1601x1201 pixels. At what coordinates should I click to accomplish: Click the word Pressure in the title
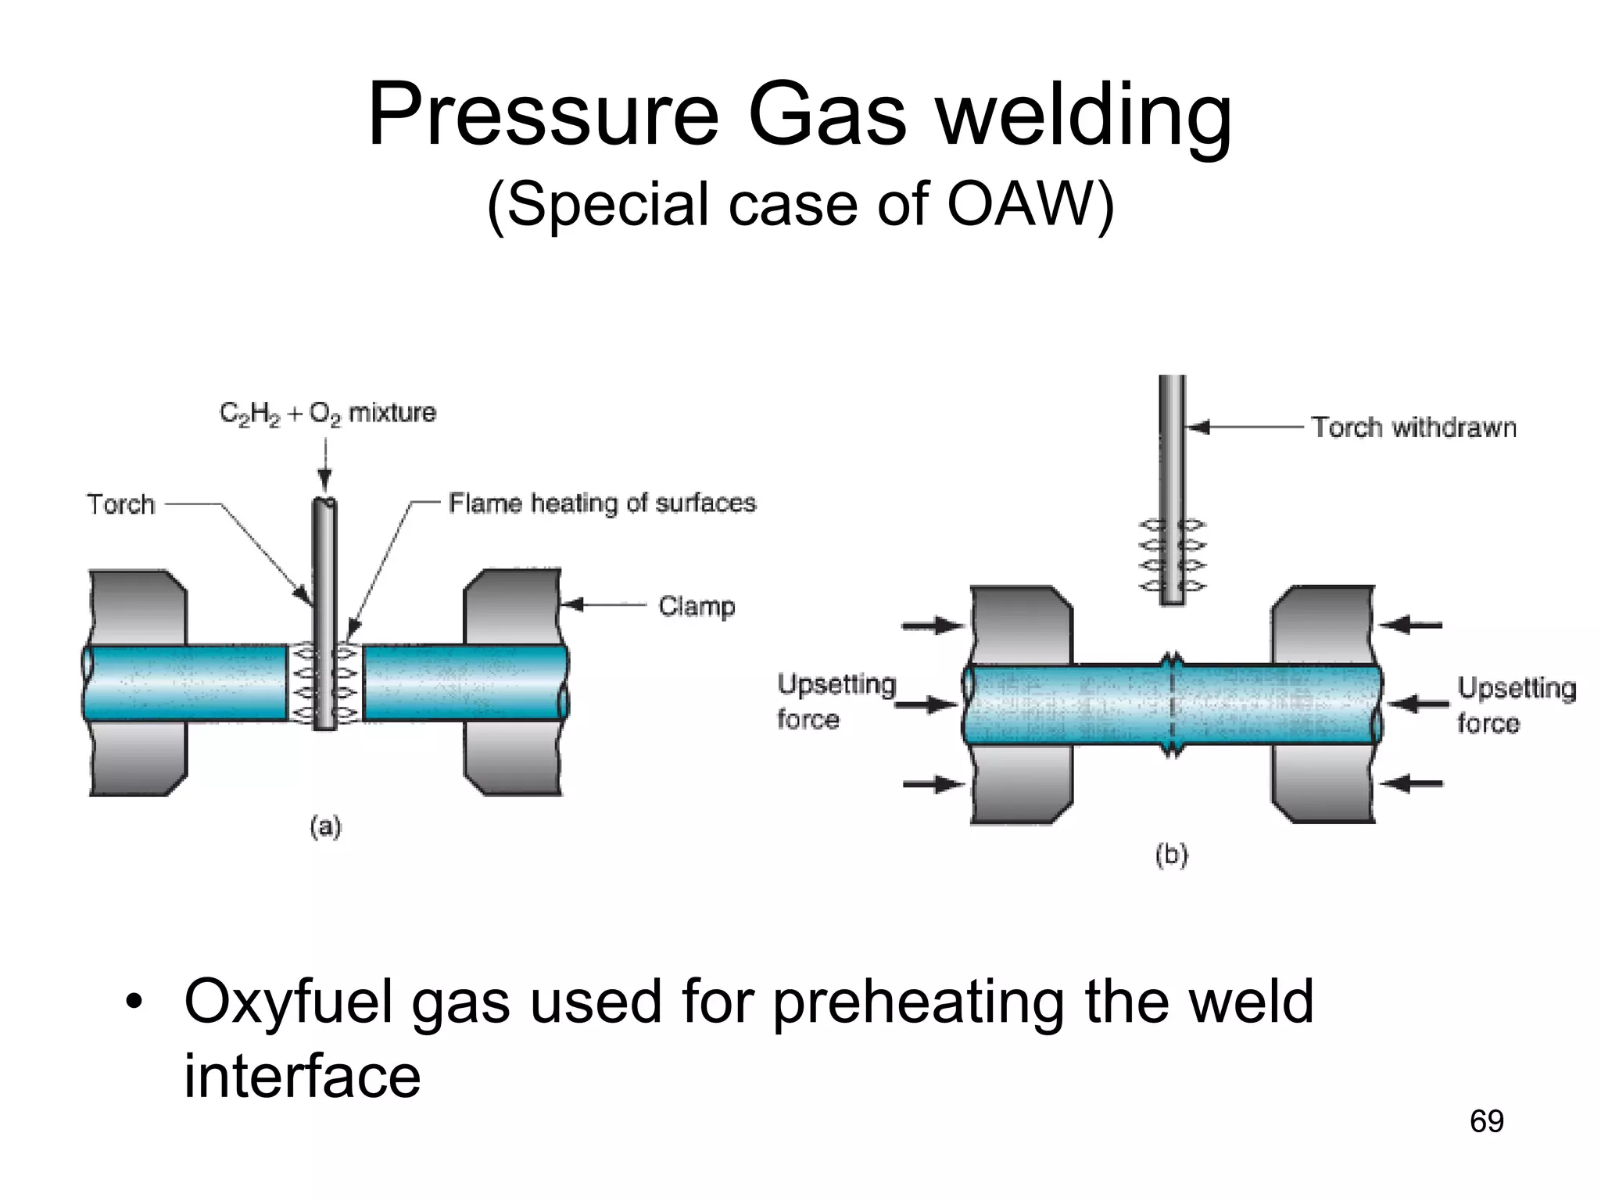(x=543, y=117)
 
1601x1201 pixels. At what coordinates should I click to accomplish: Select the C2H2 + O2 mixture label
(x=328, y=413)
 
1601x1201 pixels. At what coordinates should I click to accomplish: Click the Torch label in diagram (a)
(x=120, y=504)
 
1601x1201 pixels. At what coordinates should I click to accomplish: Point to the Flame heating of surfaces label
(x=602, y=503)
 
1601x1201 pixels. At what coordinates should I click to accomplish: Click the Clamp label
(x=697, y=606)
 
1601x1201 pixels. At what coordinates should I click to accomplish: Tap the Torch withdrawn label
(x=1413, y=428)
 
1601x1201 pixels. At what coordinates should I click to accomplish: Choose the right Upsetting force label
(x=1515, y=705)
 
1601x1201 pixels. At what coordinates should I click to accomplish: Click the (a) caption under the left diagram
(x=325, y=826)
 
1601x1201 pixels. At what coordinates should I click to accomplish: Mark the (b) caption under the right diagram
(x=1171, y=855)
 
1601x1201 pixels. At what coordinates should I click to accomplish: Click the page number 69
(x=1486, y=1121)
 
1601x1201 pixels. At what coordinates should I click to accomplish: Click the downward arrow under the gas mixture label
(x=325, y=465)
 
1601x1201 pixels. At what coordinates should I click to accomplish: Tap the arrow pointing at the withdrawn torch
(x=1243, y=427)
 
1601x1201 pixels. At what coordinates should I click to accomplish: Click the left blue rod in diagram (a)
(x=186, y=683)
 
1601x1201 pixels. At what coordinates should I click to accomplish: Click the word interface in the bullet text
(x=302, y=1077)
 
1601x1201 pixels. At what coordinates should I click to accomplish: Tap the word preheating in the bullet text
(x=918, y=1002)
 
